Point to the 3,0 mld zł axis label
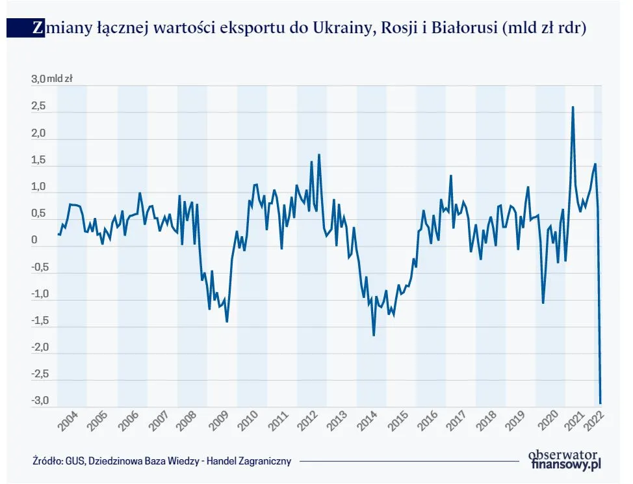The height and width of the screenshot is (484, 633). pos(51,79)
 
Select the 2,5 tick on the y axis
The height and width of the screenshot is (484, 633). pos(38,107)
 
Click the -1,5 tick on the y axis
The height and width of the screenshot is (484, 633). pos(40,321)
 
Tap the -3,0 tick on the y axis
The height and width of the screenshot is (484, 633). pos(40,401)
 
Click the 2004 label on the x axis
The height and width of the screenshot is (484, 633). pos(68,421)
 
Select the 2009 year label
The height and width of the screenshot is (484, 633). pos(218,421)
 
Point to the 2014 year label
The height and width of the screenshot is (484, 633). pos(367,421)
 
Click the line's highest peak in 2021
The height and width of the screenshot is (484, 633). pos(572,107)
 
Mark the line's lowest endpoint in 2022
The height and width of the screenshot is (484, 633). pos(601,403)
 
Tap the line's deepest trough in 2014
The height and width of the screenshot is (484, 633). pos(374,335)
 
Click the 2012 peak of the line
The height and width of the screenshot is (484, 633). pos(319,155)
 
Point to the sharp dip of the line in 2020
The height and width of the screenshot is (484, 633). pos(543,302)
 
